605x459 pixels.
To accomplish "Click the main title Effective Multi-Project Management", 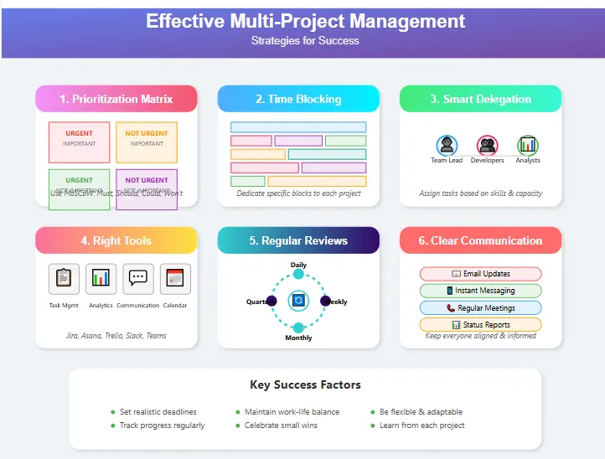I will [x=305, y=21].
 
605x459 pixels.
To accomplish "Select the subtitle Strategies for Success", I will [x=305, y=40].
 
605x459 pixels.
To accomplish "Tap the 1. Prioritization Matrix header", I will [x=116, y=99].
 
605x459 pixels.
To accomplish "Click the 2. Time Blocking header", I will [x=298, y=99].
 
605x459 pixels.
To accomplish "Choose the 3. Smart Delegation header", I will [x=481, y=99].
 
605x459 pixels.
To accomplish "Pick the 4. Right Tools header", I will [x=116, y=240].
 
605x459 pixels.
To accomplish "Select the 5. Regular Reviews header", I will [x=298, y=240].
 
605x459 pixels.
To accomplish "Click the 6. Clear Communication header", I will [x=481, y=240].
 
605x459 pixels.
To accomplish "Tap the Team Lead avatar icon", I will [x=447, y=146].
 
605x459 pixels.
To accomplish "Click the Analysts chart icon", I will [x=528, y=146].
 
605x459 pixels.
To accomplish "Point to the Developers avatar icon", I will [x=487, y=146].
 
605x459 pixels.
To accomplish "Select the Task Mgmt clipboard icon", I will [x=65, y=278].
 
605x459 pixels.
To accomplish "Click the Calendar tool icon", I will [x=175, y=278].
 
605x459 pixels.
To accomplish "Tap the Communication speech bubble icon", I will [x=138, y=278].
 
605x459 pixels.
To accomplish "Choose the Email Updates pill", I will [x=481, y=274].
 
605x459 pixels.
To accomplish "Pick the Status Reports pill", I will [x=481, y=325].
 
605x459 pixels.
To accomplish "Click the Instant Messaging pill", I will [x=481, y=291].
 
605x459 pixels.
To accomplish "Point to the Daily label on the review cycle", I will [x=298, y=265].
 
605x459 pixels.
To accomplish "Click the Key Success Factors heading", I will [x=305, y=385].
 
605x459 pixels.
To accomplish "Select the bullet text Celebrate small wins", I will [x=281, y=425].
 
